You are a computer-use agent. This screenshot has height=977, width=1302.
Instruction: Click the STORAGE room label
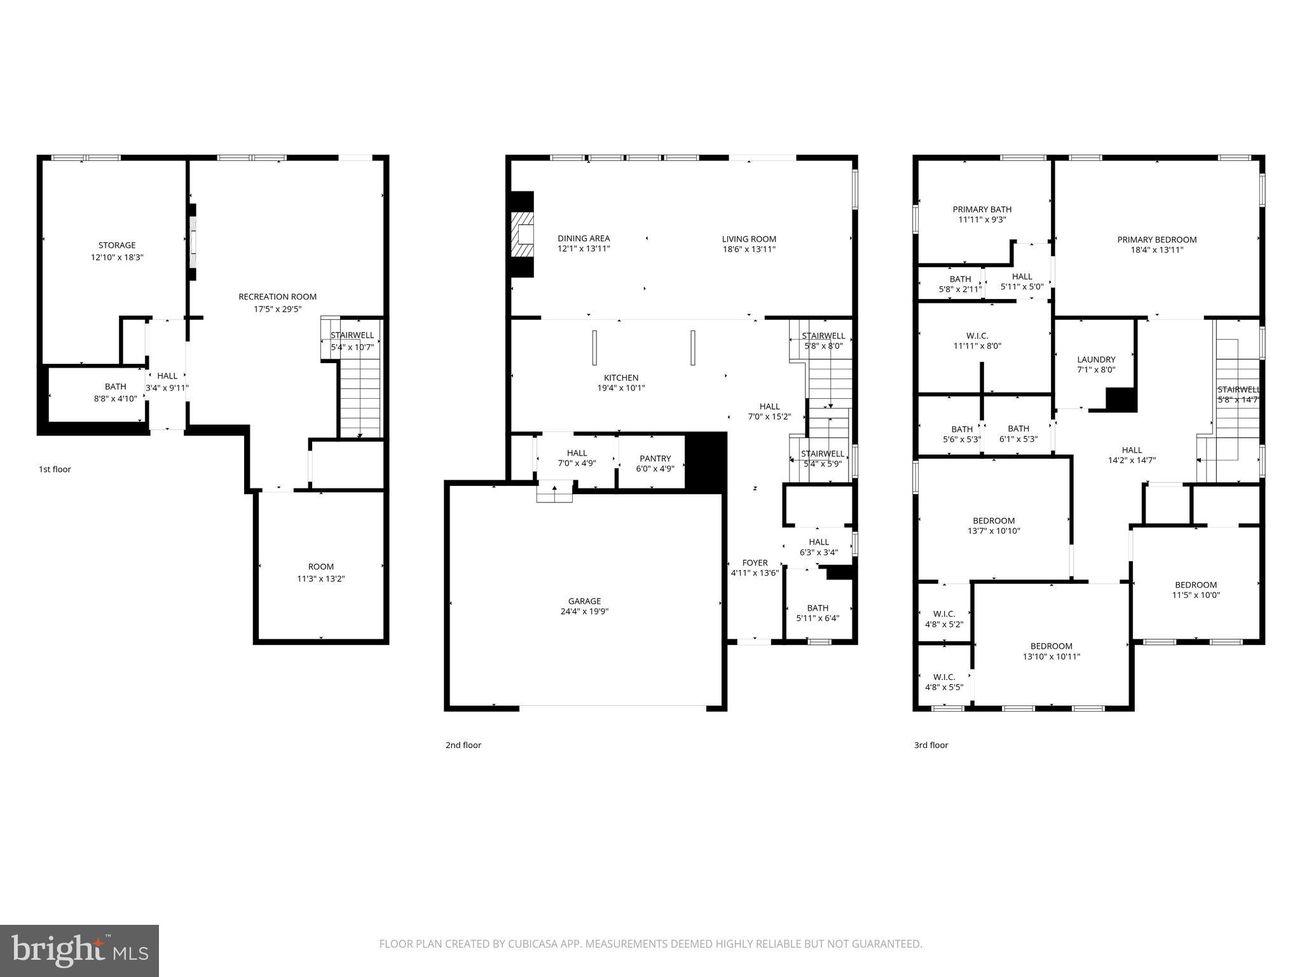(x=117, y=245)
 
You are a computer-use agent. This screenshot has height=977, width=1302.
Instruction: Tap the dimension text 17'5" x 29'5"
(x=277, y=309)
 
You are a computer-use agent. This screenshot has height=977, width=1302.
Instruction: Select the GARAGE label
(x=584, y=600)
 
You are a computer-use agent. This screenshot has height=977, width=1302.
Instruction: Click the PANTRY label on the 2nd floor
(x=655, y=458)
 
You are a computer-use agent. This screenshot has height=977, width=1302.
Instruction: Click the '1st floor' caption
(x=55, y=469)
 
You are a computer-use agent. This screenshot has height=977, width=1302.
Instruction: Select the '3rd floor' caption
(x=931, y=745)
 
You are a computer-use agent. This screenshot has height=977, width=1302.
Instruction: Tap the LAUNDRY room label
(x=1096, y=359)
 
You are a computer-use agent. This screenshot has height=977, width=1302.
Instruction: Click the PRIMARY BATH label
(x=982, y=209)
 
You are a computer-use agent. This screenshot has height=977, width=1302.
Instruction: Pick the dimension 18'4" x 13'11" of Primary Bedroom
(x=1156, y=250)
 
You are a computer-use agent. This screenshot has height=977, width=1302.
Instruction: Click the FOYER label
(x=755, y=562)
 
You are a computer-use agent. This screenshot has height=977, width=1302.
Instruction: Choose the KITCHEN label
(x=620, y=378)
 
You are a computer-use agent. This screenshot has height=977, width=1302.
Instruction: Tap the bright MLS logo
(x=79, y=950)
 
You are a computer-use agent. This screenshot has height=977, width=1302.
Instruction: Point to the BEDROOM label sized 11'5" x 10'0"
(x=1195, y=585)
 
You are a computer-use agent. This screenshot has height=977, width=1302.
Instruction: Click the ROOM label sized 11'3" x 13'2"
(x=320, y=567)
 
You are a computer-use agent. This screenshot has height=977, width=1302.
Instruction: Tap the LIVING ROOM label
(x=749, y=239)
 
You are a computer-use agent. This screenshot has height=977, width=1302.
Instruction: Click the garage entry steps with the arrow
(x=554, y=493)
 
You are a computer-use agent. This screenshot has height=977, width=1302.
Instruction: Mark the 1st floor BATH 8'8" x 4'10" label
(x=116, y=386)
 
